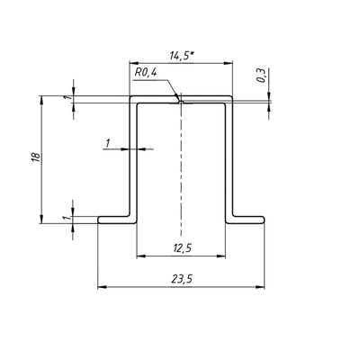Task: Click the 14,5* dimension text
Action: pos(181,56)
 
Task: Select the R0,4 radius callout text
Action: pos(146,73)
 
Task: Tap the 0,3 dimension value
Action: pos(261,75)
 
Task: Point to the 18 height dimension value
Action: pos(35,157)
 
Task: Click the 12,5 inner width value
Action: pos(182,248)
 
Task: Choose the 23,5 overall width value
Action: pos(182,279)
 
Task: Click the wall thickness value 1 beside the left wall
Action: pos(107,144)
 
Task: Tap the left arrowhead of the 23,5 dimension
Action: pos(103,287)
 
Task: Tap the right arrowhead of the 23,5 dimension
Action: pos(260,287)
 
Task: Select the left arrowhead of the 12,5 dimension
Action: pos(141,256)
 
